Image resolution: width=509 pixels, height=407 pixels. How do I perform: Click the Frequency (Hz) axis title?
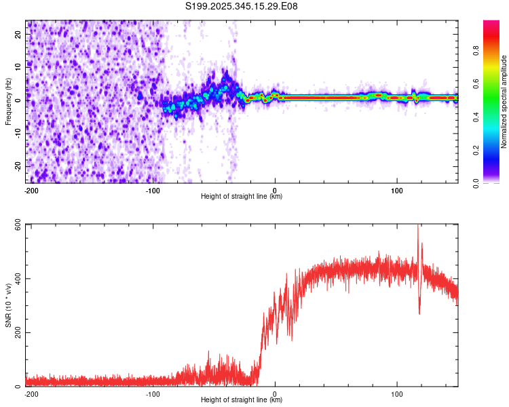tap(8, 102)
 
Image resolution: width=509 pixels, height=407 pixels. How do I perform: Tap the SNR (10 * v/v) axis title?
tap(8, 305)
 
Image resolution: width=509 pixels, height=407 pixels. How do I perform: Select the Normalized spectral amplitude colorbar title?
tap(504, 102)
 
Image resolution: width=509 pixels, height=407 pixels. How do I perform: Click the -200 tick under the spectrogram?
tap(31, 190)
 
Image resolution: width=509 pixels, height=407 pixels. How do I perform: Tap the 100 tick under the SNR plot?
tap(397, 393)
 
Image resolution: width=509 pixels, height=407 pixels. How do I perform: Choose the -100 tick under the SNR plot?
tap(153, 393)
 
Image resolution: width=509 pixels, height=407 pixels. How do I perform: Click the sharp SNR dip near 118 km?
tap(419, 312)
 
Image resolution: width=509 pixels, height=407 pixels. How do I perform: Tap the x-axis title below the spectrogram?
tap(242, 197)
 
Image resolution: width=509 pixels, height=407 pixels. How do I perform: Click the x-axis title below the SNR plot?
tap(242, 401)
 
